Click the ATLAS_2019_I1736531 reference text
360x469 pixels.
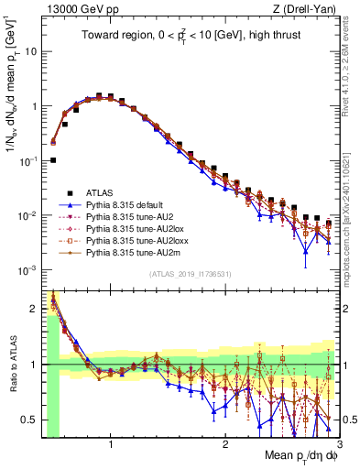(x=190, y=276)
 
